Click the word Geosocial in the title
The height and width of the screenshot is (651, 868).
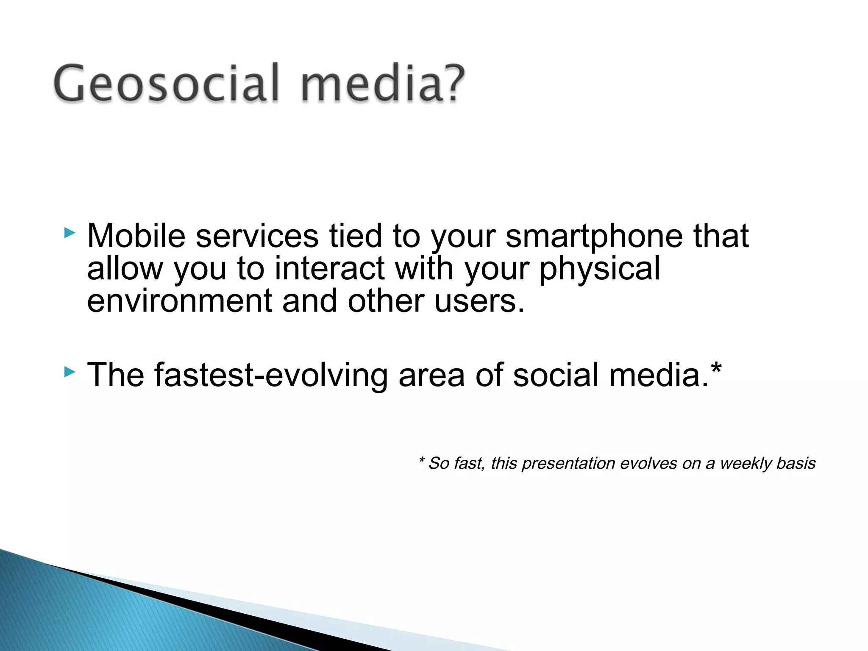pos(166,83)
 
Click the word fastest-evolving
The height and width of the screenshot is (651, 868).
pos(271,375)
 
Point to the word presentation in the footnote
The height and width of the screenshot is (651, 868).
pos(568,463)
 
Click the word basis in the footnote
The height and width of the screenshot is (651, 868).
pos(796,463)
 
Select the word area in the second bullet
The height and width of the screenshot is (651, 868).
pos(431,375)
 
